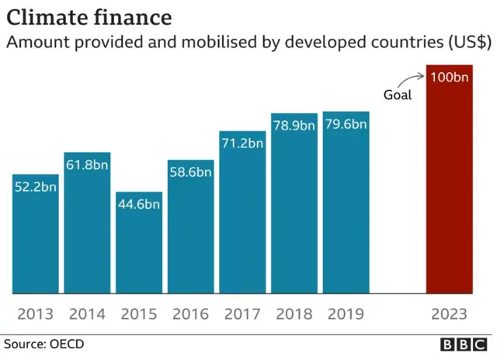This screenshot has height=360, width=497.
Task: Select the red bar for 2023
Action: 450,186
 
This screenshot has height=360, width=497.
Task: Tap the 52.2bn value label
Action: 36,187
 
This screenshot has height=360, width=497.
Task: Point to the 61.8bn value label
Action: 87,165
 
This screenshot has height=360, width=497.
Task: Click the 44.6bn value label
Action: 139,204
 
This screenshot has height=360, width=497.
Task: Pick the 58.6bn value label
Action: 191,172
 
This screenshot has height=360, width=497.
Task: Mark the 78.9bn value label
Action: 294,125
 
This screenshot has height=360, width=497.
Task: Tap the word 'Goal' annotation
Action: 398,96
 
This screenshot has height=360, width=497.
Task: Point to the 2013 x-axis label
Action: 36,314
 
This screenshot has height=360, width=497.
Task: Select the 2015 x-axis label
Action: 139,314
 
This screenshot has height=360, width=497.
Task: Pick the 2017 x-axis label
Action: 242,314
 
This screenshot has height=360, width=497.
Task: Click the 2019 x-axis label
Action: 346,314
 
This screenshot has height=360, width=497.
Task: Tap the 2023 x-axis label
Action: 450,314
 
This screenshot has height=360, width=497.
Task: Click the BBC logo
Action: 464,344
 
